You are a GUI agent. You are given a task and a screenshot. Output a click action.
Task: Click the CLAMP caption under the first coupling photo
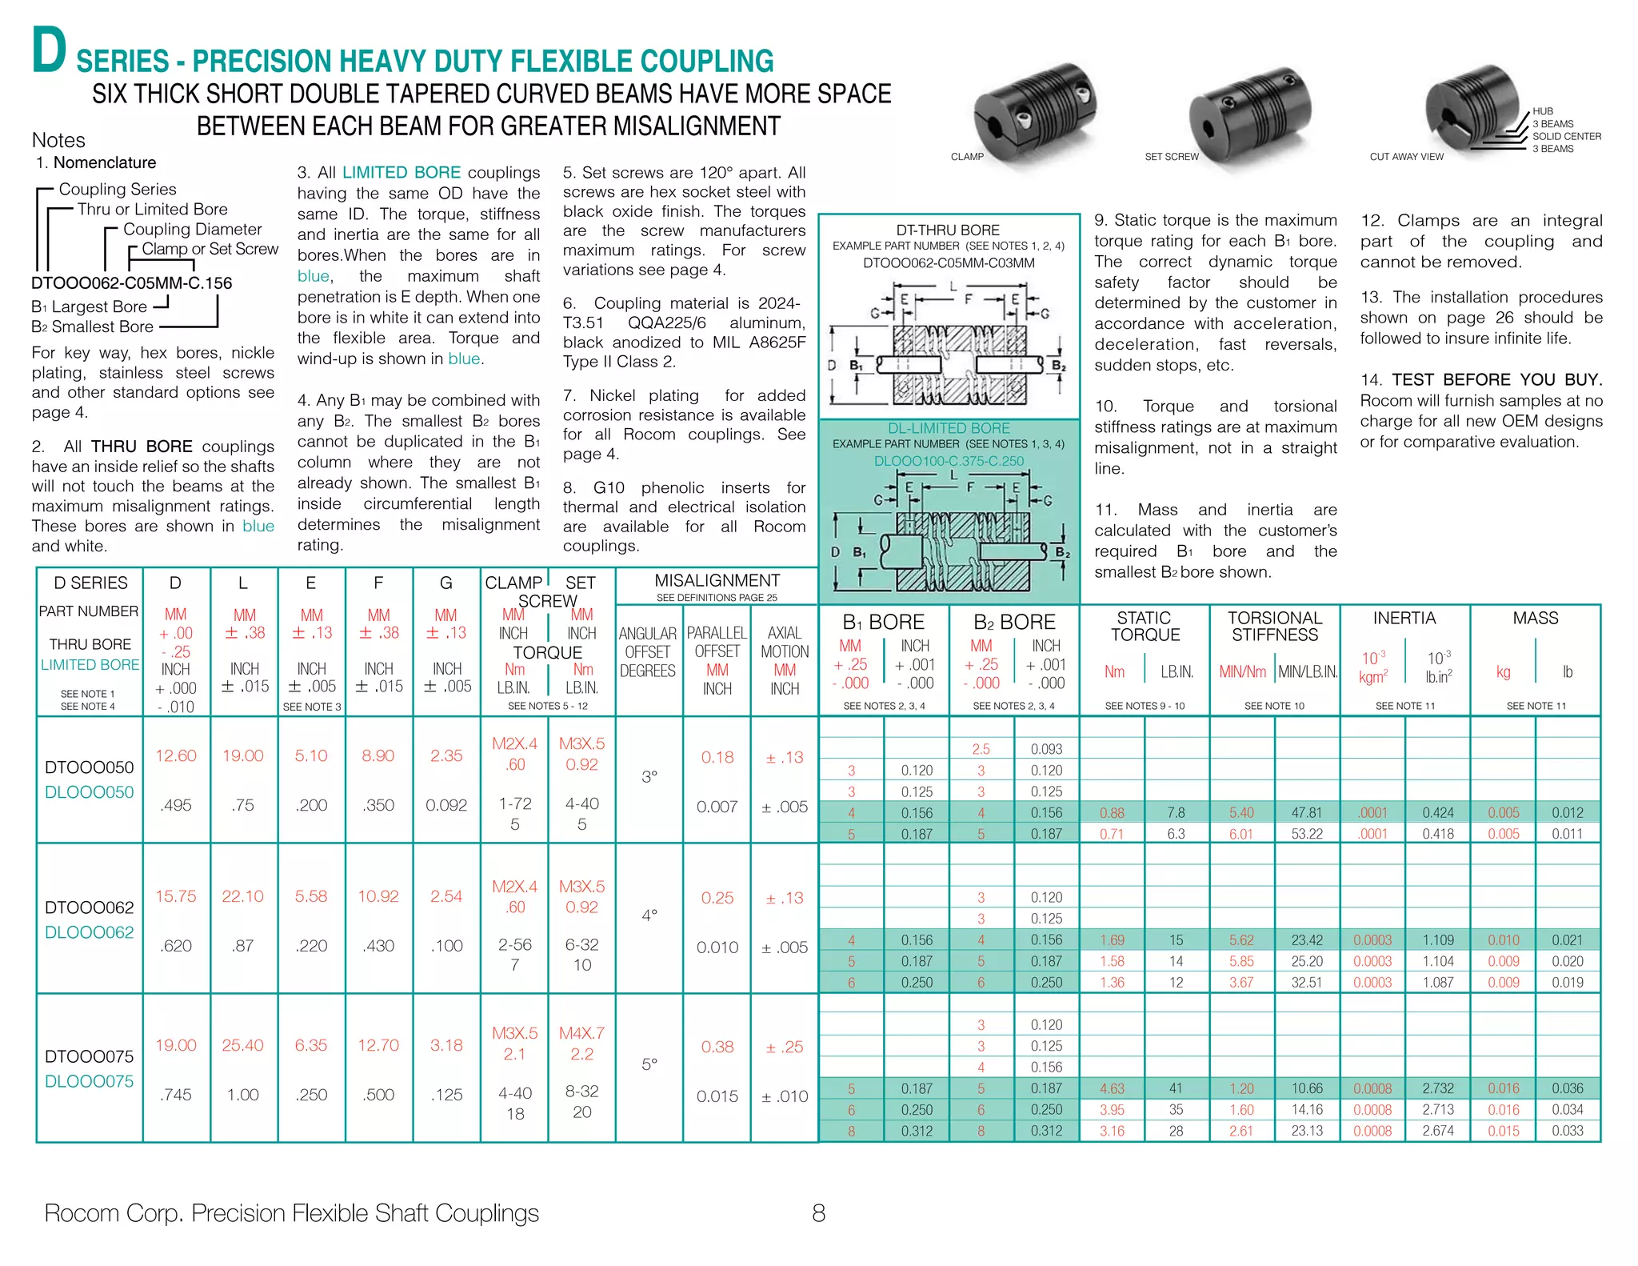967,157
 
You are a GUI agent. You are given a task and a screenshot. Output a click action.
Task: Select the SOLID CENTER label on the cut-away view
1566,137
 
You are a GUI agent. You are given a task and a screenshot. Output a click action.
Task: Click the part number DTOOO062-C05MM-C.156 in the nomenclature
131,283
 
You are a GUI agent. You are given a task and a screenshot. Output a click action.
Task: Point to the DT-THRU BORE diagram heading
948,230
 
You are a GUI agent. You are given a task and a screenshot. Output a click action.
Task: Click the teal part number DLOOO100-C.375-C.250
949,461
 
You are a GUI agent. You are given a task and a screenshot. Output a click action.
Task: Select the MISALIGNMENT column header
717,581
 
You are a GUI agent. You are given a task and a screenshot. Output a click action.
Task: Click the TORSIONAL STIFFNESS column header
1275,627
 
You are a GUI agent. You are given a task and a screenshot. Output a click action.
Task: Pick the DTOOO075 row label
90,1056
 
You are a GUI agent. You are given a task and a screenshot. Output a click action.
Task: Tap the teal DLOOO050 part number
90,792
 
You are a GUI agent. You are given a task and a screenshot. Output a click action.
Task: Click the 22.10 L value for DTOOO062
242,896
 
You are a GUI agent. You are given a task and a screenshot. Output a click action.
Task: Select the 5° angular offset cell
649,1064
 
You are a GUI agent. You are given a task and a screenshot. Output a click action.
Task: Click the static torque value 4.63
1112,1088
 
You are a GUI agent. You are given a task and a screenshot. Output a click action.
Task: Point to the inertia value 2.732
1438,1088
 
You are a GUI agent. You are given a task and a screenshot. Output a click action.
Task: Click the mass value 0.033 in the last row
1568,1131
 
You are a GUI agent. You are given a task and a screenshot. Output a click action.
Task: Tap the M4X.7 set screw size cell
581,1033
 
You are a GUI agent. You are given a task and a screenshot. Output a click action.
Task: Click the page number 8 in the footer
818,1213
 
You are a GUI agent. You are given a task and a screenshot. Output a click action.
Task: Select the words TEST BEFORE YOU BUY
1496,379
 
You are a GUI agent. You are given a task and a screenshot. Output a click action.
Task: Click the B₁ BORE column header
883,622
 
